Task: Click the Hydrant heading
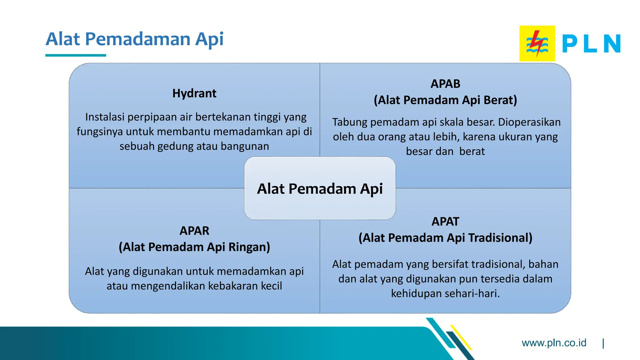click(194, 93)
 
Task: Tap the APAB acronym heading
click(445, 84)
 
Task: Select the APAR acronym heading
click(194, 231)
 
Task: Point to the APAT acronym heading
click(445, 222)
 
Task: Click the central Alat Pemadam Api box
click(320, 188)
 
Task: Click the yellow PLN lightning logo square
click(537, 43)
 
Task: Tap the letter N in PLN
click(612, 44)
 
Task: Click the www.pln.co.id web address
click(554, 343)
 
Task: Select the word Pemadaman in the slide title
click(137, 39)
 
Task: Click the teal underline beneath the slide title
click(76, 55)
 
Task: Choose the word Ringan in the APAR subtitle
click(249, 247)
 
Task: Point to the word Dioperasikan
click(529, 122)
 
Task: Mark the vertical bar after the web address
click(603, 343)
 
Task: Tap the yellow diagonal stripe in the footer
click(462, 337)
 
